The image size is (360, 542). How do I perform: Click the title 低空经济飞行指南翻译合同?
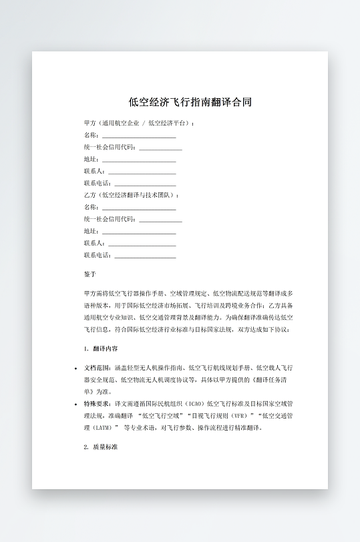(190, 102)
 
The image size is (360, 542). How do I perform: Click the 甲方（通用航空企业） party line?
(138, 123)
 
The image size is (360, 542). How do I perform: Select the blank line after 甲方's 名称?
(138, 135)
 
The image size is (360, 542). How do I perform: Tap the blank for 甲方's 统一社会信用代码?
(160, 148)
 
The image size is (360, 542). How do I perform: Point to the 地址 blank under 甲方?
(138, 160)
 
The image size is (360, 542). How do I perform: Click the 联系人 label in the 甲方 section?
(94, 172)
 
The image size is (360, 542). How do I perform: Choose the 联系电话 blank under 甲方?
(145, 184)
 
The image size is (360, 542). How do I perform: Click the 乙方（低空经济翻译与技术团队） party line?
(131, 195)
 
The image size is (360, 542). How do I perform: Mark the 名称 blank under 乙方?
(138, 208)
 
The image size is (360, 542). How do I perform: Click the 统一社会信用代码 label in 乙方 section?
(110, 219)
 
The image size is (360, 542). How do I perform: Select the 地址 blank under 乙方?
(138, 232)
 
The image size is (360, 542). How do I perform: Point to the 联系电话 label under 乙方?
(98, 255)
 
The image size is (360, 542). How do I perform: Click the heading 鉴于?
(90, 274)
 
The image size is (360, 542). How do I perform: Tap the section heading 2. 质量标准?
(101, 447)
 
